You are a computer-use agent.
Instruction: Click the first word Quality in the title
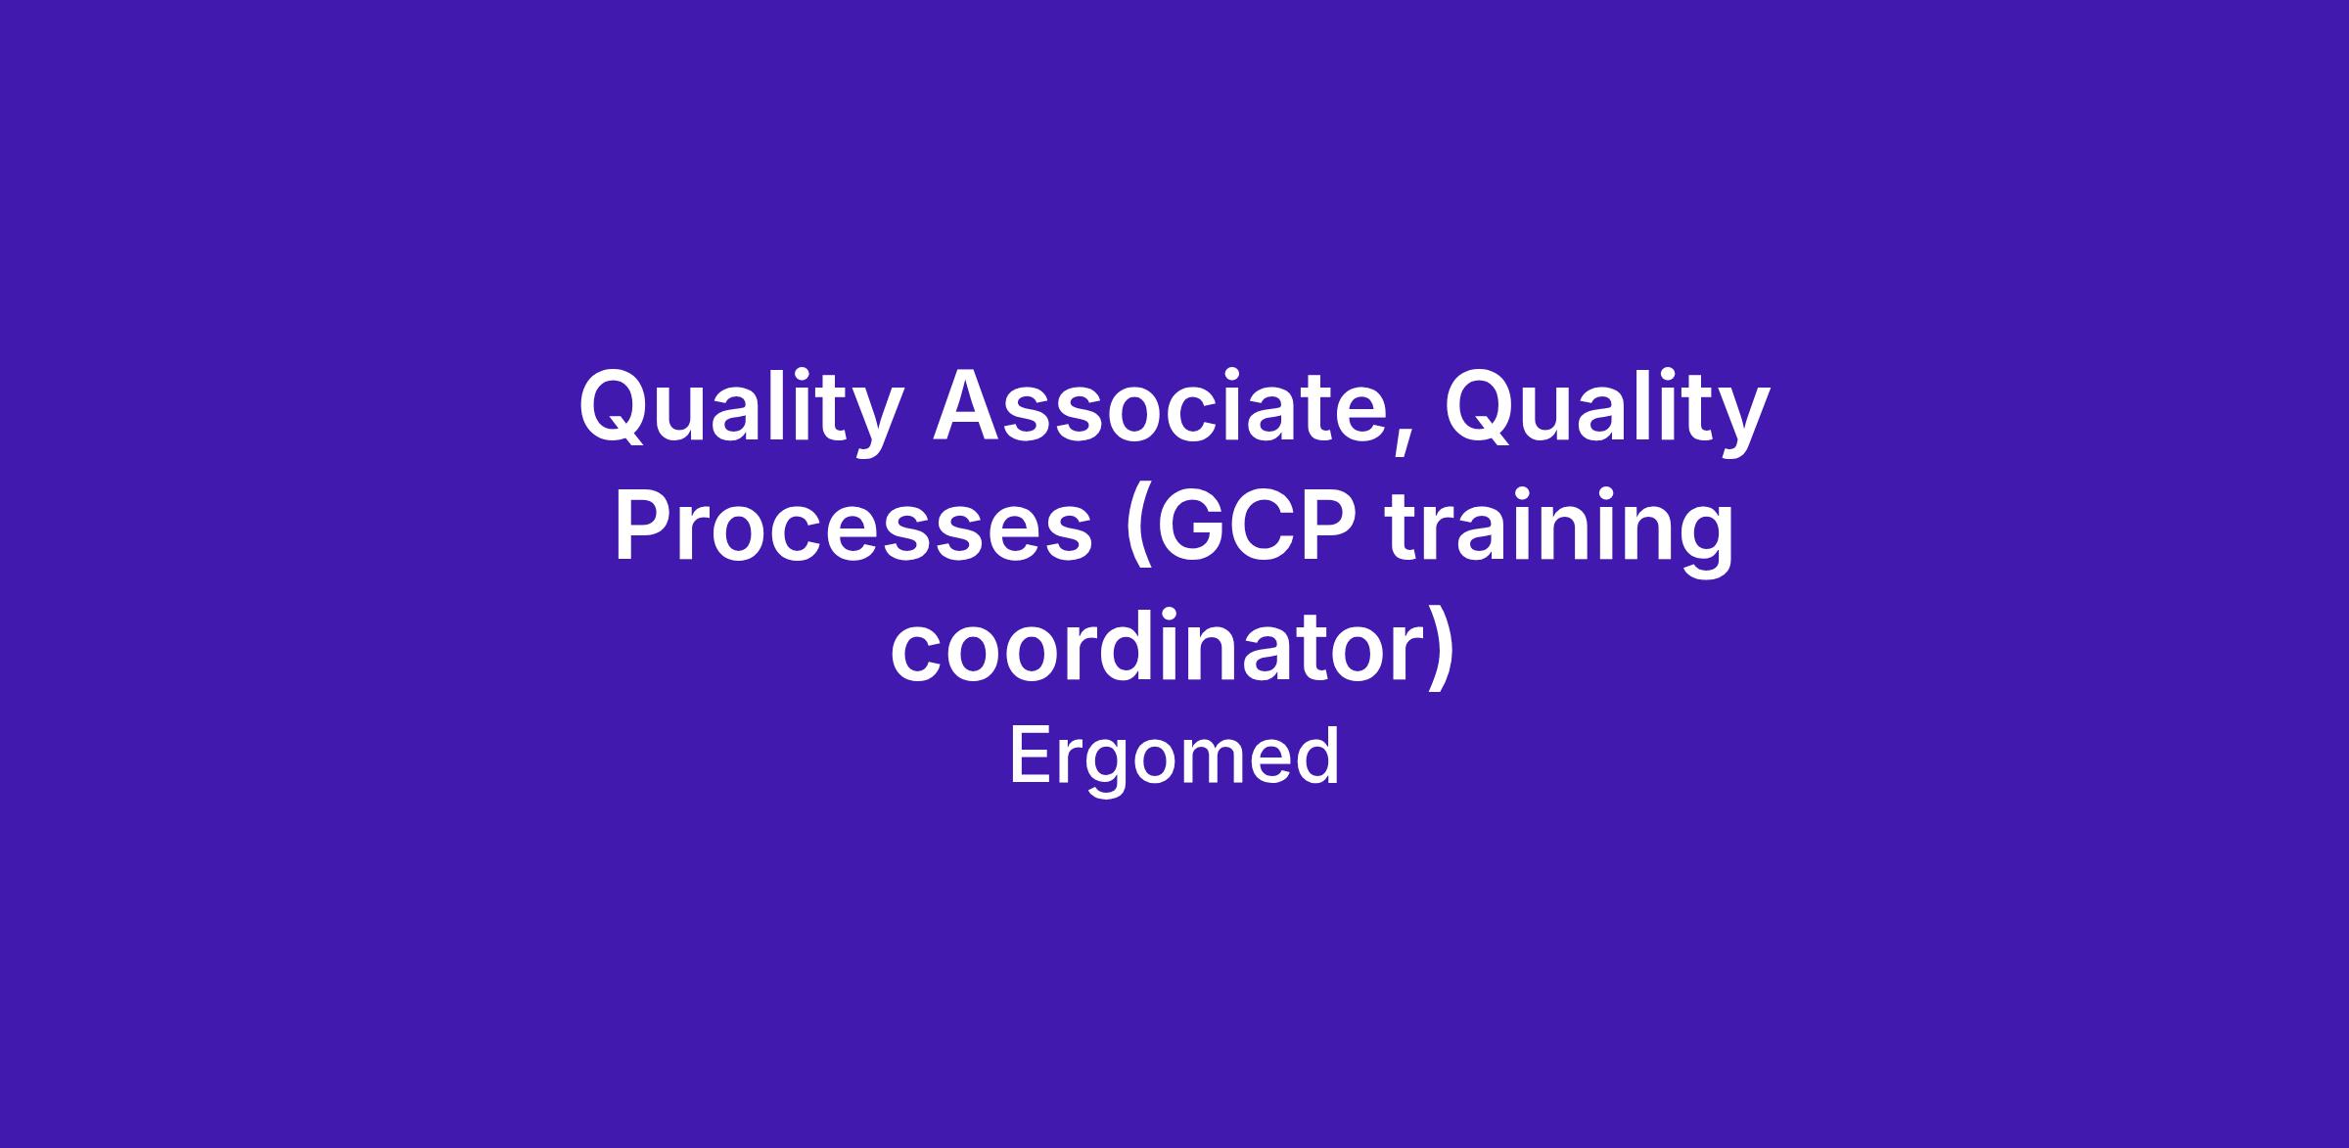pos(739,409)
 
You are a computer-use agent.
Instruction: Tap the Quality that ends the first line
pos(1607,409)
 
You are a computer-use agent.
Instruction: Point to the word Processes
pos(852,528)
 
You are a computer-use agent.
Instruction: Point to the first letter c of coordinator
pos(914,654)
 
